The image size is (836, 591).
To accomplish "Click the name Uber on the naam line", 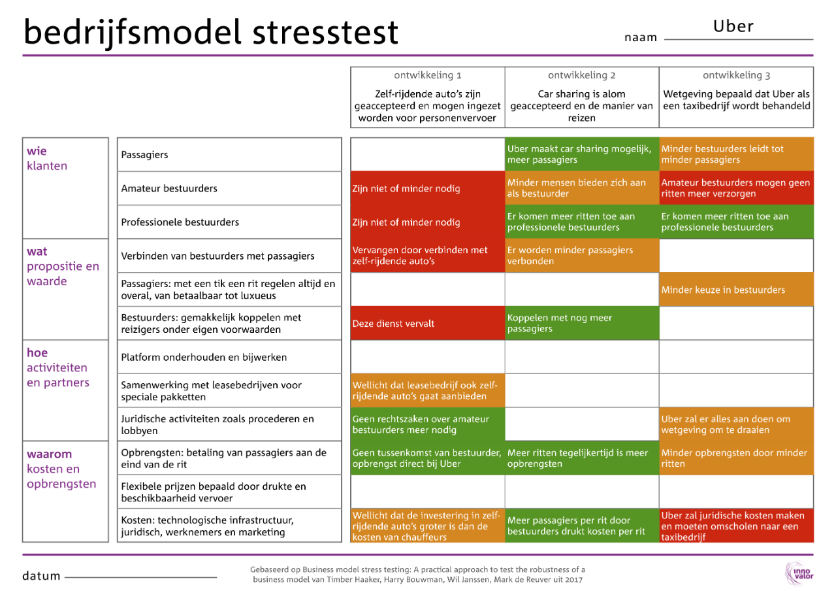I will (733, 27).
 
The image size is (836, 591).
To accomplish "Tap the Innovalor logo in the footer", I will (799, 573).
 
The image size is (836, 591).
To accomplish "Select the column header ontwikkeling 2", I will (581, 75).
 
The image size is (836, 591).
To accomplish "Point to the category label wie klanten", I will (47, 158).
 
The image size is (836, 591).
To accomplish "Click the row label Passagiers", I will (144, 155).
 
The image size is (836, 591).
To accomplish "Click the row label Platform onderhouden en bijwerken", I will (204, 357).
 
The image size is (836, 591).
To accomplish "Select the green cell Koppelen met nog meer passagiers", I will (581, 324).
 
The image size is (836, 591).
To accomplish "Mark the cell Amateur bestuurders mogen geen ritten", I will (736, 188).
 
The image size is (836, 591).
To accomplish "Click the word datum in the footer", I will (41, 576).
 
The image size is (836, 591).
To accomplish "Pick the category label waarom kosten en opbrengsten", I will (61, 469).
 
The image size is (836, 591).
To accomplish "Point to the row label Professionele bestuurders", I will (180, 222).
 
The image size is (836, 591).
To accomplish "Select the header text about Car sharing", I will (581, 106).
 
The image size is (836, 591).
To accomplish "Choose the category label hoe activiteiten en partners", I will (57, 367).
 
